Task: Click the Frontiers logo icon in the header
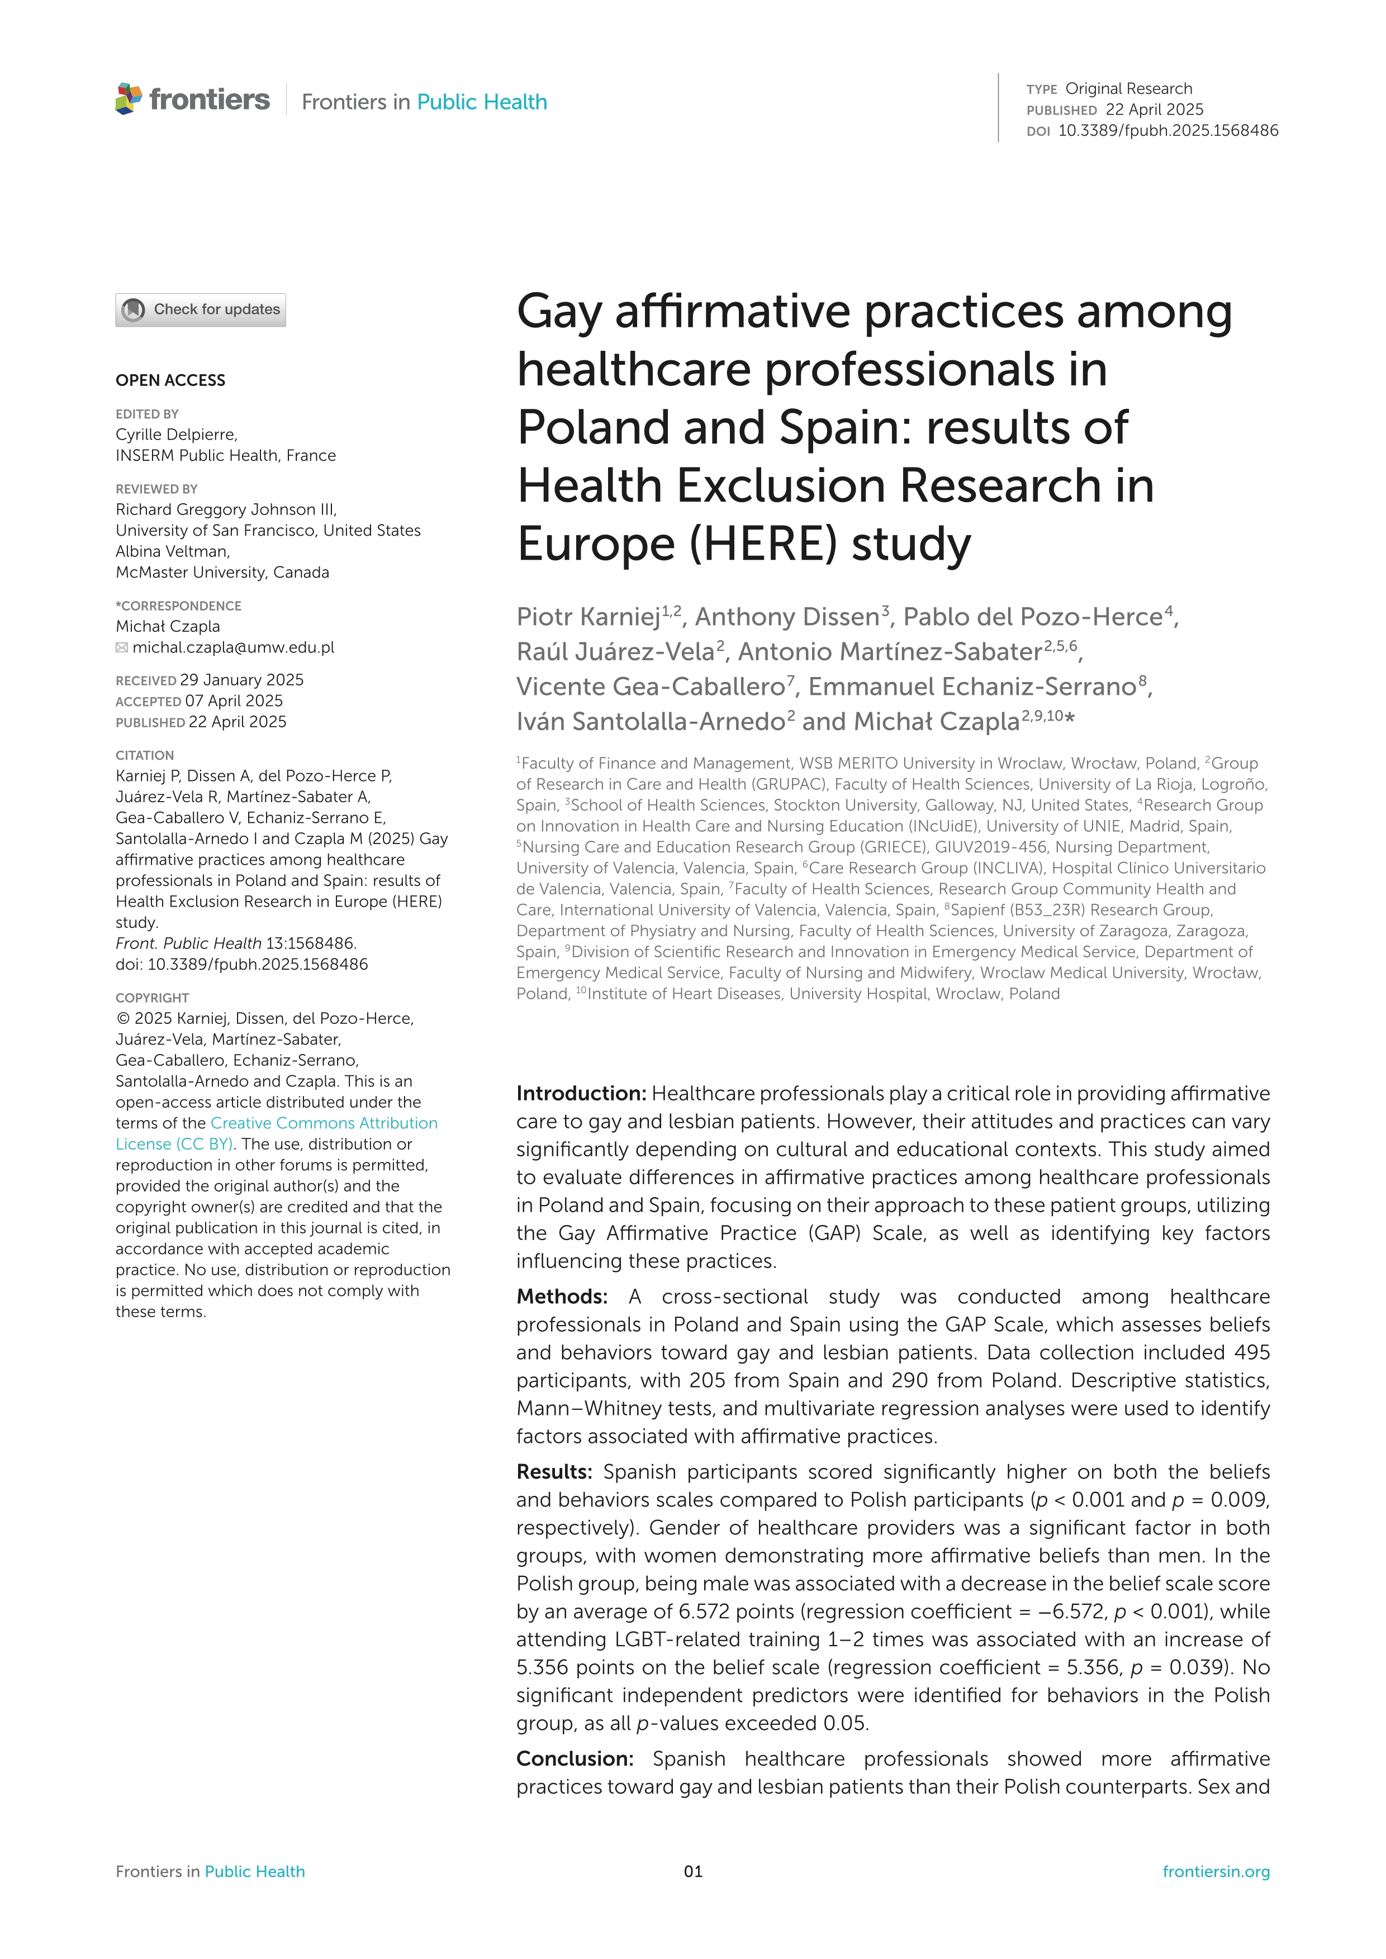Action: (x=129, y=99)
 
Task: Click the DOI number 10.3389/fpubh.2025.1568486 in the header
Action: (x=1167, y=131)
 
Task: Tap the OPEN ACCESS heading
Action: (x=170, y=380)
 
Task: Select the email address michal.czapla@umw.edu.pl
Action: (x=233, y=647)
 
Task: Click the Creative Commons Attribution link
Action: (x=324, y=1123)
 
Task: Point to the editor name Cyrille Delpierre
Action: (x=177, y=434)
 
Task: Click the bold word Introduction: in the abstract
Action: (x=581, y=1094)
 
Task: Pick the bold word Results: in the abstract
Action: (x=554, y=1472)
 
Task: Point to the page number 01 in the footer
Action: (x=693, y=1872)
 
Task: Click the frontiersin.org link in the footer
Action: (x=1216, y=1872)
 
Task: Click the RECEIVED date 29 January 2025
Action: (x=241, y=680)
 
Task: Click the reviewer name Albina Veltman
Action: (x=172, y=551)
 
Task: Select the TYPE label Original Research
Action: (x=1128, y=89)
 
